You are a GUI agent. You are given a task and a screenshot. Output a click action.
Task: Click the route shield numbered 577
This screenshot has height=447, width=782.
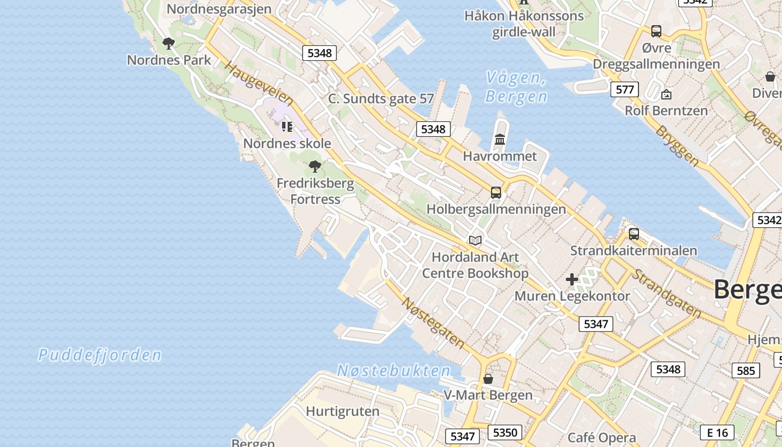click(624, 89)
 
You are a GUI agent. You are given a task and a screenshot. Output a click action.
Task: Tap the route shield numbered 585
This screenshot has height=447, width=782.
click(746, 370)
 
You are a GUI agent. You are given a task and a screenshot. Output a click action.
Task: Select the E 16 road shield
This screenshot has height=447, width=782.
click(717, 432)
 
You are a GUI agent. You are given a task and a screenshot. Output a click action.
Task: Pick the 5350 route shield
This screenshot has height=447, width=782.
click(505, 432)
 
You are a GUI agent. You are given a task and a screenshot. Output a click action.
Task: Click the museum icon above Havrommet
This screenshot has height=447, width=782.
click(500, 139)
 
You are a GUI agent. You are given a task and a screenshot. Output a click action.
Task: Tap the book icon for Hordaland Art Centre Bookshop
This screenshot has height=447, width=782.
click(475, 240)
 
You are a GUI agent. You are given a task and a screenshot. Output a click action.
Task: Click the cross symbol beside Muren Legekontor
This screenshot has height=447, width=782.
click(571, 279)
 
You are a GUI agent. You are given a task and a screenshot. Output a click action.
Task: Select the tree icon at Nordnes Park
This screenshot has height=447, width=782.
click(168, 43)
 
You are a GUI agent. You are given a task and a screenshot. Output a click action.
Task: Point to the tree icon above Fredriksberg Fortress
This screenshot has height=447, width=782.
click(315, 166)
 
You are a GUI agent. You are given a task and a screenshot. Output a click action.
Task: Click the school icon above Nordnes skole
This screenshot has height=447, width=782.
click(287, 126)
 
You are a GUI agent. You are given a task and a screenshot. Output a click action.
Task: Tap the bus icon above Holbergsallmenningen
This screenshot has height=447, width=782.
click(495, 193)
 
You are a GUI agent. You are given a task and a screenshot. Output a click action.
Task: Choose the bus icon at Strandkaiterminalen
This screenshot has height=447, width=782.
click(633, 234)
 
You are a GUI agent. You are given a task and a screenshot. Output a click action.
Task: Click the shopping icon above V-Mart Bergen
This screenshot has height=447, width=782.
click(488, 379)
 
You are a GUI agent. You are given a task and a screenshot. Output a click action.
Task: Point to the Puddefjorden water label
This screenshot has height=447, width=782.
click(100, 355)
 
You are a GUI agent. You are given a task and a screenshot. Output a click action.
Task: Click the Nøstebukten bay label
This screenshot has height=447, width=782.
click(394, 370)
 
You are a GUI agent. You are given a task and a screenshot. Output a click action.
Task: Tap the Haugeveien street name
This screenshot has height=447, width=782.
click(259, 84)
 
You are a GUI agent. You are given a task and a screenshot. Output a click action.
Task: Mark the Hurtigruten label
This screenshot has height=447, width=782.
click(342, 412)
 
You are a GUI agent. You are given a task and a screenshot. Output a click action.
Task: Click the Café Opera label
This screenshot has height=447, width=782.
click(602, 438)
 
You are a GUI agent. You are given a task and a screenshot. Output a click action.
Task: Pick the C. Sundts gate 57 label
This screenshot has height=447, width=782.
click(381, 99)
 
